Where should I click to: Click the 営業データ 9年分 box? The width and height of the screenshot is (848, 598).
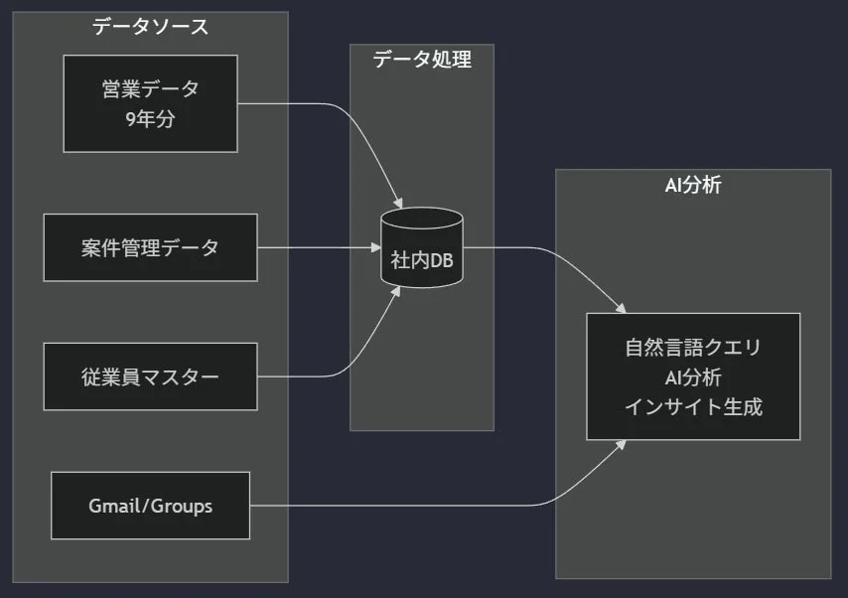click(150, 103)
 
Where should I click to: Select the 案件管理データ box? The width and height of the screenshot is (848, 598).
click(150, 247)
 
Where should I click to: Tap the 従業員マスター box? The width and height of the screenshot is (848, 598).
click(150, 376)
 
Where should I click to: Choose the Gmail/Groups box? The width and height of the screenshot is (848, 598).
click(150, 506)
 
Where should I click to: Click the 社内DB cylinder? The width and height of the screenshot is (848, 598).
click(422, 248)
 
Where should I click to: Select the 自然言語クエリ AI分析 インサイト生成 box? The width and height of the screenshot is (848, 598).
click(693, 376)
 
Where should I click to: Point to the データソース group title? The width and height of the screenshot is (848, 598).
click(151, 27)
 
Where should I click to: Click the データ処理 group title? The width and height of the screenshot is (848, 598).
click(422, 60)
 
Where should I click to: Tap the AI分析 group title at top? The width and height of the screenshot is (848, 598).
click(693, 185)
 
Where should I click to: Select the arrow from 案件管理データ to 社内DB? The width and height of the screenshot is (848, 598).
click(318, 247)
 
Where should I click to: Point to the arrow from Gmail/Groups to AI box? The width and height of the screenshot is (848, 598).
click(447, 506)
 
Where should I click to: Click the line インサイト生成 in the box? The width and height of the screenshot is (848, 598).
click(693, 406)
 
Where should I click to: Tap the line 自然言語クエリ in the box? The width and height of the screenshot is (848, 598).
click(693, 348)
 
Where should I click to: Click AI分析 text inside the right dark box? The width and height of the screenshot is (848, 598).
click(693, 376)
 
